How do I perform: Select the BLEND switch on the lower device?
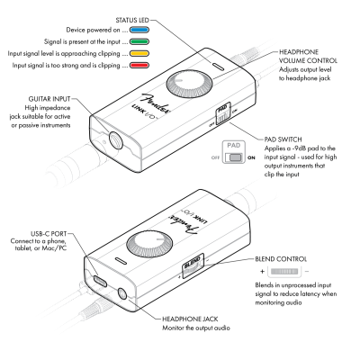coord(192,267)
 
